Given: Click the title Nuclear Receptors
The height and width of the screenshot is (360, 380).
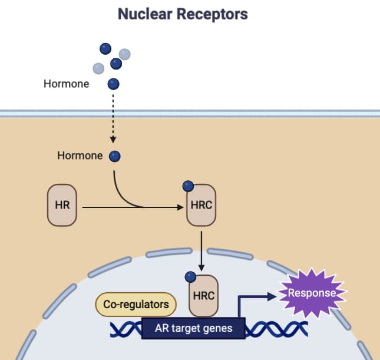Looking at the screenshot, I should tap(183, 14).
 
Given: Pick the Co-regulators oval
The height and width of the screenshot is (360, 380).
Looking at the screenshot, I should tap(136, 305).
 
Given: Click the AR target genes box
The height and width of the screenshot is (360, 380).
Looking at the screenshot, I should tap(193, 328).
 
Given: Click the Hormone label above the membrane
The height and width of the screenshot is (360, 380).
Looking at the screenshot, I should tap(66, 84).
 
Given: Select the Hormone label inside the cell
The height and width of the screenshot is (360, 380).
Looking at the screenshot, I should tap(80, 156).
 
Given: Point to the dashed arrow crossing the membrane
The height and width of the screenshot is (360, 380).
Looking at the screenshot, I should tap(113, 118).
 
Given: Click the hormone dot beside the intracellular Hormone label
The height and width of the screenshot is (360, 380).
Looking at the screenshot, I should tap(114, 156).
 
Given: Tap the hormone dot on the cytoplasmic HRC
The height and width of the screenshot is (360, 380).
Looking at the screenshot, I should tap(188, 187).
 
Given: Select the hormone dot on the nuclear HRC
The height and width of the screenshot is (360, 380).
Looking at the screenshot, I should tap(190, 276).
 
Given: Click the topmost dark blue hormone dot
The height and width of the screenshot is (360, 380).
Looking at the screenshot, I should tap(105, 48).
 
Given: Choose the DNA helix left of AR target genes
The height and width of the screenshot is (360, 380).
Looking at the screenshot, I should tap(125, 328).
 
